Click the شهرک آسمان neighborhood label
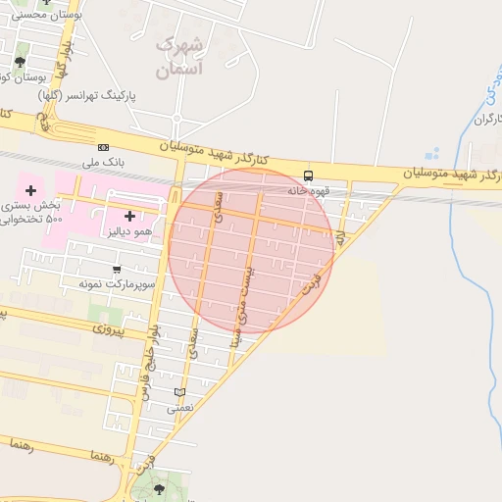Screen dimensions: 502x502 click(179, 57)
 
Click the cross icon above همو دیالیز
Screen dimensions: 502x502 click(129, 215)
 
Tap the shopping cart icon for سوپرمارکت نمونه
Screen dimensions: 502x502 click(118, 269)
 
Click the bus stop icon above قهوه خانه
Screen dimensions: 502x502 click(309, 176)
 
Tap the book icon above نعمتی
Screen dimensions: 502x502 click(179, 392)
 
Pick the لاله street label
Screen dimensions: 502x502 click(340, 238)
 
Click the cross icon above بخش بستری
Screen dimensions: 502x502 click(30, 189)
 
